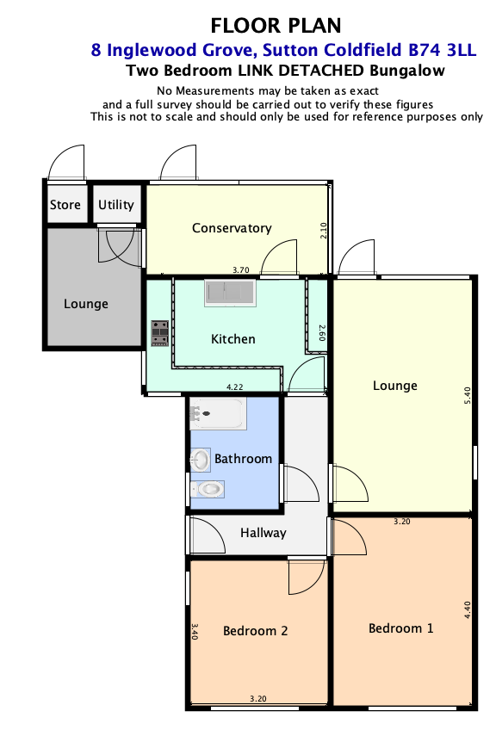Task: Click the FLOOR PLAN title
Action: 276,26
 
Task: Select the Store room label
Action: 65,205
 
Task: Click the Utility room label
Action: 116,205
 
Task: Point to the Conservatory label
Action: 232,228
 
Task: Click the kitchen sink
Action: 230,293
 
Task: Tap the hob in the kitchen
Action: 159,333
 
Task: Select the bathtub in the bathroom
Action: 218,413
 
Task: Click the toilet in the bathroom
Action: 208,489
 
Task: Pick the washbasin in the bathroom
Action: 200,460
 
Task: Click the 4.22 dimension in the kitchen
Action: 235,387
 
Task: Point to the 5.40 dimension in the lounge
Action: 467,395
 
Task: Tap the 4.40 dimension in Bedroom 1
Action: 467,610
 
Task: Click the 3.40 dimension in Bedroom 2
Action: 195,631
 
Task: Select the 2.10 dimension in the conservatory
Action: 323,231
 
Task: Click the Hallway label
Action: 263,533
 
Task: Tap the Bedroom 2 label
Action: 255,631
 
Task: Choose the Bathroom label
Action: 244,459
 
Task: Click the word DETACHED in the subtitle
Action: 321,71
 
